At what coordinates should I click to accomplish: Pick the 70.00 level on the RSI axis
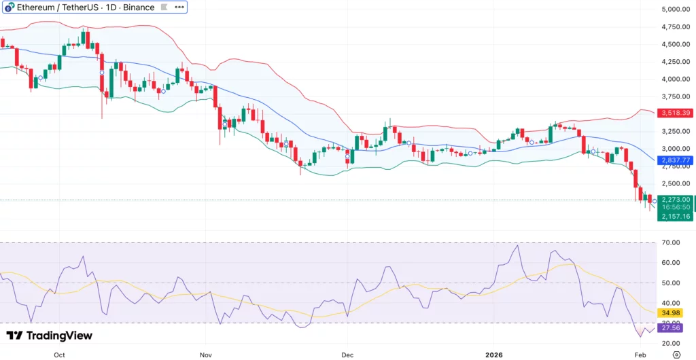point(672,242)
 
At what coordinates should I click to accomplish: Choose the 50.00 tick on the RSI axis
point(672,283)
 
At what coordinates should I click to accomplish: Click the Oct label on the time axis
point(59,354)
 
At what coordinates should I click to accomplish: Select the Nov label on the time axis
point(206,354)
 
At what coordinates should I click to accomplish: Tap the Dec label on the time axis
point(347,354)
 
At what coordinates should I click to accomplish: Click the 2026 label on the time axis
point(494,354)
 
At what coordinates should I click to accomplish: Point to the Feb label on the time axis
point(640,354)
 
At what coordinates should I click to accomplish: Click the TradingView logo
point(49,336)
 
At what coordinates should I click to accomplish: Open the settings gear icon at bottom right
point(676,354)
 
